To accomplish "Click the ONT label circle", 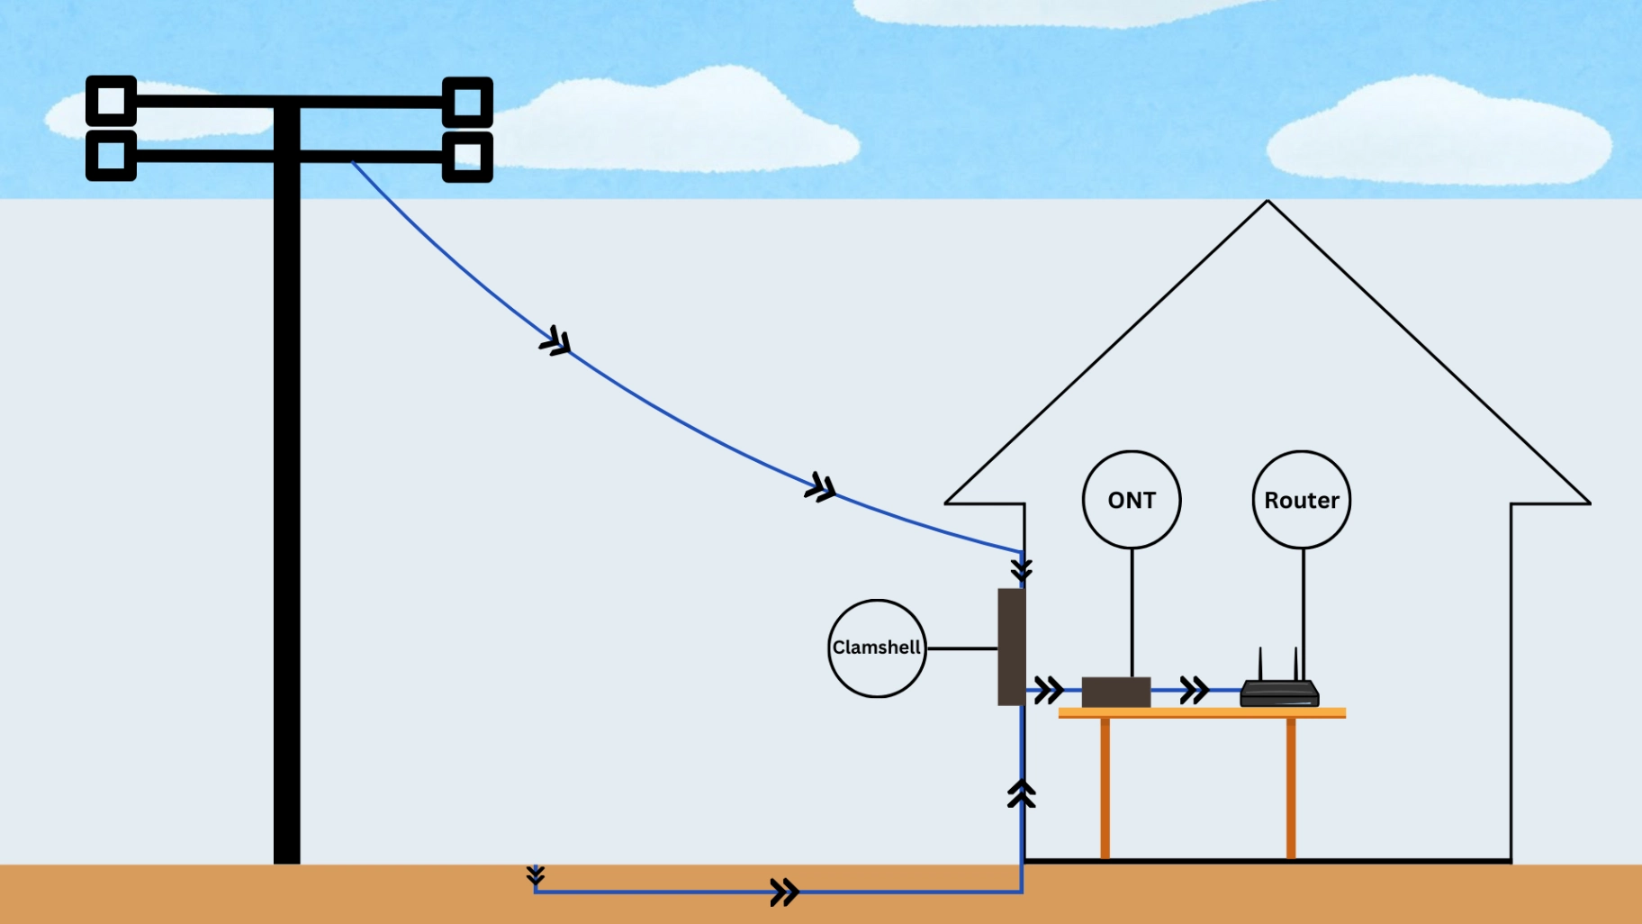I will pyautogui.click(x=1132, y=500).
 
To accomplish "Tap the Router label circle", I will pyautogui.click(x=1301, y=500).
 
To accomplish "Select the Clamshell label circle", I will pyautogui.click(x=877, y=648).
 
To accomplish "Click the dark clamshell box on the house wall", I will pyautogui.click(x=1011, y=647).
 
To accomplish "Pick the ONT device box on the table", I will pyautogui.click(x=1116, y=692).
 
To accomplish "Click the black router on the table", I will pyautogui.click(x=1279, y=693).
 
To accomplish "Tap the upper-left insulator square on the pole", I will pyautogui.click(x=111, y=100).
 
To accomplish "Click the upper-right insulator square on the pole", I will pyautogui.click(x=467, y=102).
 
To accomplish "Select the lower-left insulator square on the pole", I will pyautogui.click(x=111, y=155).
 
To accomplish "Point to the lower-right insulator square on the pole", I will pyautogui.click(x=467, y=157).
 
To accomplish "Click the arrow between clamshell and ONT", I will pyautogui.click(x=1049, y=691).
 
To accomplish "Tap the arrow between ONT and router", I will pyautogui.click(x=1195, y=691).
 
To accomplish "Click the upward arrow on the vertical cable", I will pyautogui.click(x=1022, y=793).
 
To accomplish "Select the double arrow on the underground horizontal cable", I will pyautogui.click(x=785, y=892).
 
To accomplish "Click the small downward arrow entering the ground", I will pyautogui.click(x=536, y=874).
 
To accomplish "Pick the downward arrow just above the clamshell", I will pyautogui.click(x=1022, y=570).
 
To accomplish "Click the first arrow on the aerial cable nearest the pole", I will pyautogui.click(x=556, y=342).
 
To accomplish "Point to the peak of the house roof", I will pyautogui.click(x=1268, y=203).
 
